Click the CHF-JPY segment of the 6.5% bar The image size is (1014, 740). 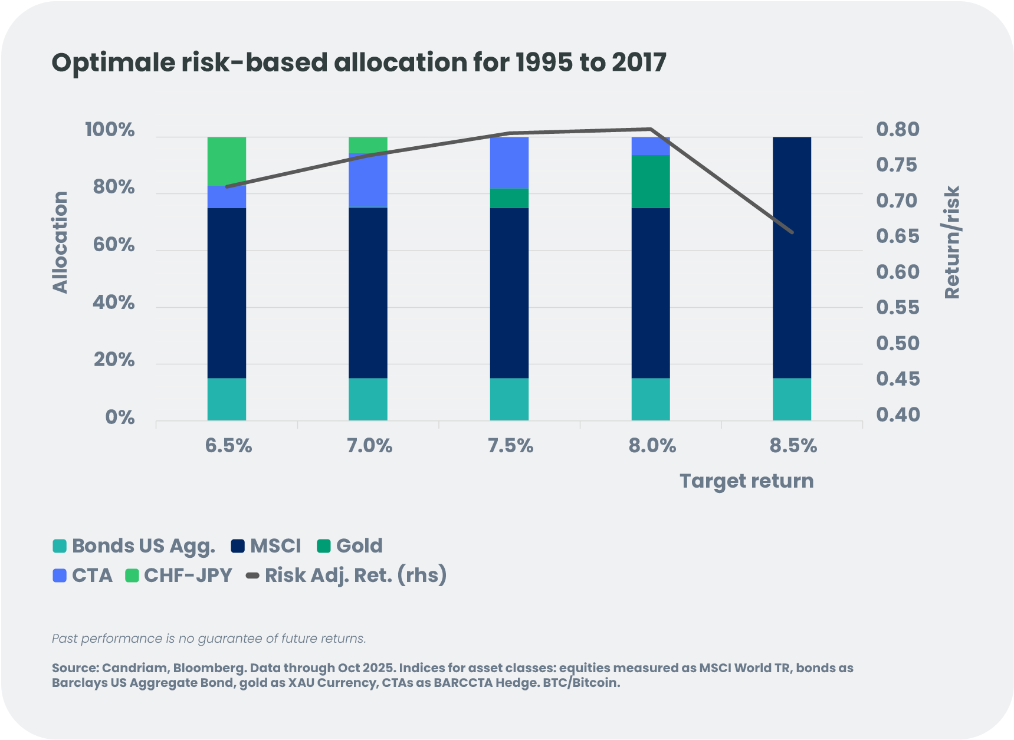pos(227,161)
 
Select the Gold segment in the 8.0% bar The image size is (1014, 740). pos(651,182)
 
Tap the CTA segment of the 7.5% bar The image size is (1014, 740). pos(509,163)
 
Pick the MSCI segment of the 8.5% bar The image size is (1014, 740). pos(792,258)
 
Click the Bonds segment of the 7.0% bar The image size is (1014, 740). pos(368,399)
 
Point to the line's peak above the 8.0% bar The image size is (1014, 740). pos(650,129)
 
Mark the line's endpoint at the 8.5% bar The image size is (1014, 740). pos(792,232)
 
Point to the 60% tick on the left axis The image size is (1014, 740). pos(114,245)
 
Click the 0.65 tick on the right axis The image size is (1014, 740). pos(897,236)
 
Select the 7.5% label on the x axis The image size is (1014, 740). pos(510,446)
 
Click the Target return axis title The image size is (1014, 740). pos(746,481)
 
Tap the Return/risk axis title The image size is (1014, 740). pos(952,242)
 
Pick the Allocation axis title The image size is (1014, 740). pos(60,242)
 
